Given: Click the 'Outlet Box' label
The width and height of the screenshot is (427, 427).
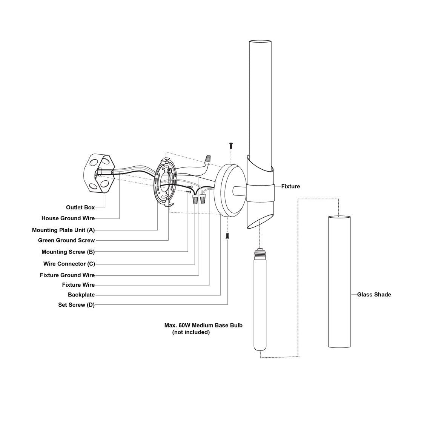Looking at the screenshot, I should (x=80, y=207).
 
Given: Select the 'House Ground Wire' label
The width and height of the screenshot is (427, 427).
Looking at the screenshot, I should (x=68, y=218).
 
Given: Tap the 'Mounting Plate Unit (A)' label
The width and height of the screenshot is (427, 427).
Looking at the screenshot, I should (x=63, y=230).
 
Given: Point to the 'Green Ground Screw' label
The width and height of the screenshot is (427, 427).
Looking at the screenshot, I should (x=66, y=240).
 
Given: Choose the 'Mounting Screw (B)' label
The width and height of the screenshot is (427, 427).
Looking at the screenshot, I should (x=68, y=252).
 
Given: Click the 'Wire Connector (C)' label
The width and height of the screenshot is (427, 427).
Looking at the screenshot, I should (x=69, y=264).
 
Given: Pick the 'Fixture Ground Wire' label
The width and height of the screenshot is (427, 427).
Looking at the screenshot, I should (x=67, y=275).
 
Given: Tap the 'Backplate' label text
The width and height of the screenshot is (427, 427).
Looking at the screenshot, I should (x=81, y=295).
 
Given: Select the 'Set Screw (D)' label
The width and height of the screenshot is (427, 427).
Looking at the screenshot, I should (x=76, y=305).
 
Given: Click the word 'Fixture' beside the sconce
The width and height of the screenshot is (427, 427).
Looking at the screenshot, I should (x=290, y=186).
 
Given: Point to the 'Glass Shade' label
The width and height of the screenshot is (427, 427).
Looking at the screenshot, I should (x=374, y=295).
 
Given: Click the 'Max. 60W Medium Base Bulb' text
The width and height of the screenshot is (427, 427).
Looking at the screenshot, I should (x=203, y=325).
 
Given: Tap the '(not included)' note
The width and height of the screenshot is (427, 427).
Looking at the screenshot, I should (x=191, y=332).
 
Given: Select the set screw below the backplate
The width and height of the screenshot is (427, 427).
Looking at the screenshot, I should (x=227, y=236).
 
